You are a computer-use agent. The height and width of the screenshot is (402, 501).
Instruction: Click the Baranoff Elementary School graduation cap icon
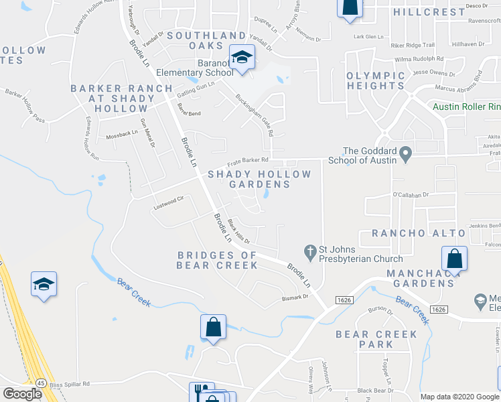241,57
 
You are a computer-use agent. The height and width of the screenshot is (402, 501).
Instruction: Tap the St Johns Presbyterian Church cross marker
310,253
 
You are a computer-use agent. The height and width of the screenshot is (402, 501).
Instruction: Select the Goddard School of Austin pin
405,156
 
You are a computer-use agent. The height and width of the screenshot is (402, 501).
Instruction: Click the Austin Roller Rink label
466,107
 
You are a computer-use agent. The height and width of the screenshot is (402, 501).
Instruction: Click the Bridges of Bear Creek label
217,260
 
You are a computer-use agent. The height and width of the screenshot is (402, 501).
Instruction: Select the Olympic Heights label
376,80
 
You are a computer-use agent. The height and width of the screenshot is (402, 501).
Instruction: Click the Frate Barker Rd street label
248,161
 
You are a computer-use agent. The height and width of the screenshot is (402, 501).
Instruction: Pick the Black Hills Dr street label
238,232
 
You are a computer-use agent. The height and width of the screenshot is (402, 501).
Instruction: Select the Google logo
22,394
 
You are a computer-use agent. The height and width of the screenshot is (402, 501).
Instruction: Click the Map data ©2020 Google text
459,397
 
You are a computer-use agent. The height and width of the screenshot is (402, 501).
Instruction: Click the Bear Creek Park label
365,339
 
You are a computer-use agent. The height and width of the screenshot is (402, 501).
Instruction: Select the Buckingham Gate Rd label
255,115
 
